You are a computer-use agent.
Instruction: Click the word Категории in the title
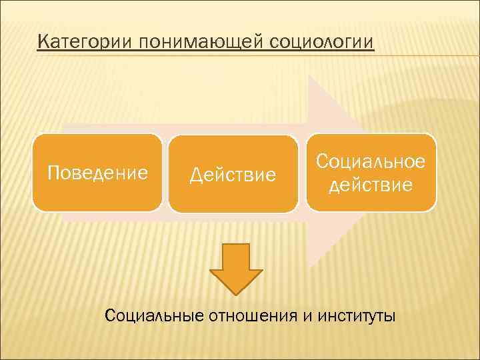tap(86, 43)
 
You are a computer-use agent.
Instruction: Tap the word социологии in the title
tap(323, 43)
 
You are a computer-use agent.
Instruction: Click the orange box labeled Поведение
tap(97, 173)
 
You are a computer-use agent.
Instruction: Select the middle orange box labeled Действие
tap(233, 174)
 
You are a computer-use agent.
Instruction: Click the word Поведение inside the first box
tap(97, 173)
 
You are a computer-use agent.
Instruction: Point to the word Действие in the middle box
tap(233, 175)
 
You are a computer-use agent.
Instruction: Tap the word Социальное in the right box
tap(371, 161)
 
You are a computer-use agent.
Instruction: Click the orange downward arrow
tap(236, 267)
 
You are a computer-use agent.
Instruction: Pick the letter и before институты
tap(307, 315)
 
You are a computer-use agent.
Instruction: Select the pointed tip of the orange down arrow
tap(236, 293)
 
